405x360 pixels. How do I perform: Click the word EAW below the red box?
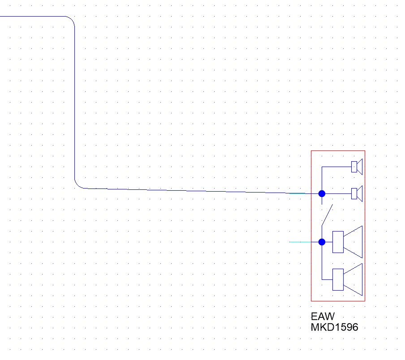click(x=323, y=317)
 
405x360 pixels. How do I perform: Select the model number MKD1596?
click(x=335, y=327)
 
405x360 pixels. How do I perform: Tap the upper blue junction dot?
click(x=322, y=193)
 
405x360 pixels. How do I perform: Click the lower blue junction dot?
click(x=322, y=242)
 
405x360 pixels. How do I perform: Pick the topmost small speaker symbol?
click(x=357, y=167)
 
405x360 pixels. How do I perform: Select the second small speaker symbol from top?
click(x=357, y=193)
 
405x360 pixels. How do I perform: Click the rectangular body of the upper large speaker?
click(x=338, y=242)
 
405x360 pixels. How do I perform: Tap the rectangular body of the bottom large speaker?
click(x=338, y=279)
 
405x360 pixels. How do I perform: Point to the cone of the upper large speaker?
click(x=353, y=242)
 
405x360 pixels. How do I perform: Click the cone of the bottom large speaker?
click(x=353, y=279)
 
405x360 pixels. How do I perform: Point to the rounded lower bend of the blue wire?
click(x=78, y=184)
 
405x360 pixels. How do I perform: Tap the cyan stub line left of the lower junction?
click(x=303, y=242)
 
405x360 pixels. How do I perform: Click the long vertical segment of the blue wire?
click(x=74, y=103)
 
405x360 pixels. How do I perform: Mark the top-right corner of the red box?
click(x=365, y=151)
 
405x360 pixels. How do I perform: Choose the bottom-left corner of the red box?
click(x=311, y=301)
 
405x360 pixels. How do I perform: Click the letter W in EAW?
click(x=329, y=317)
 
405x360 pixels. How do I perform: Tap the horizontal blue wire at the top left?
click(x=31, y=16)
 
